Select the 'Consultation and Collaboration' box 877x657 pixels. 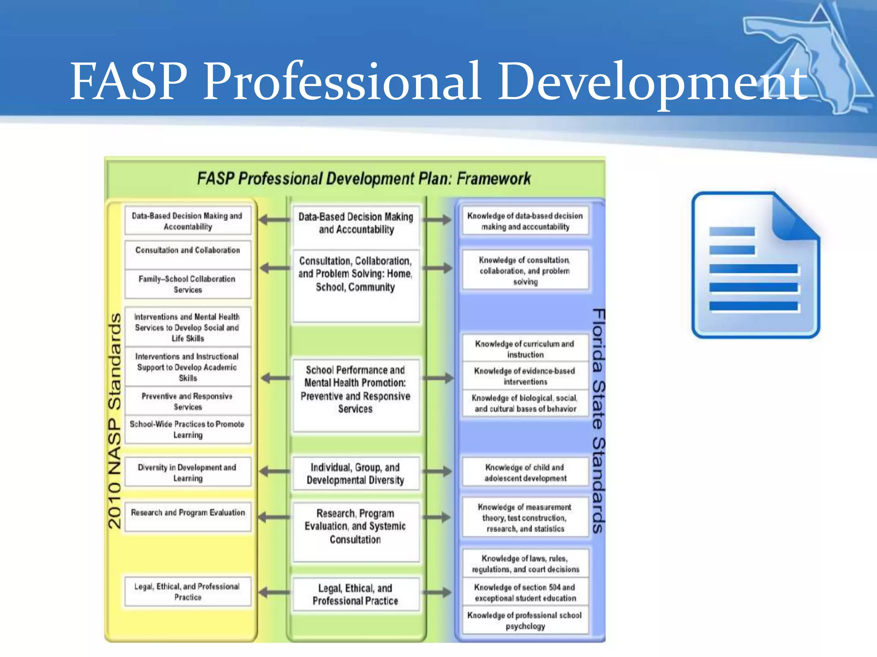[188, 255]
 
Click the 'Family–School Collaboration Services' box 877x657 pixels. [188, 284]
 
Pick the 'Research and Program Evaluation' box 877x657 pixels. [188, 516]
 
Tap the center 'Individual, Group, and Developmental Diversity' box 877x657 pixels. [355, 473]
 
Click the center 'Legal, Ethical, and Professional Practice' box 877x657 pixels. [355, 594]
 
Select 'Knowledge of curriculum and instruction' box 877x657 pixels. [525, 349]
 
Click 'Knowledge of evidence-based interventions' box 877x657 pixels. [525, 376]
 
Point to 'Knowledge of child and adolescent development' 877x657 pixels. [525, 472]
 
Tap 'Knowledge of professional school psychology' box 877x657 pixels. [525, 620]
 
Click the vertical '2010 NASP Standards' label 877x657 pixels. [114, 421]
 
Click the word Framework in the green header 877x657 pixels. [493, 178]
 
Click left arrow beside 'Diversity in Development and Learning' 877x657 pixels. [274, 472]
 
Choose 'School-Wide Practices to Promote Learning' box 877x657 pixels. [188, 429]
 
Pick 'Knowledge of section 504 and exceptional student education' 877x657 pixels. [525, 592]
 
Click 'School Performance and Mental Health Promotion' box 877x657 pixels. [355, 389]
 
